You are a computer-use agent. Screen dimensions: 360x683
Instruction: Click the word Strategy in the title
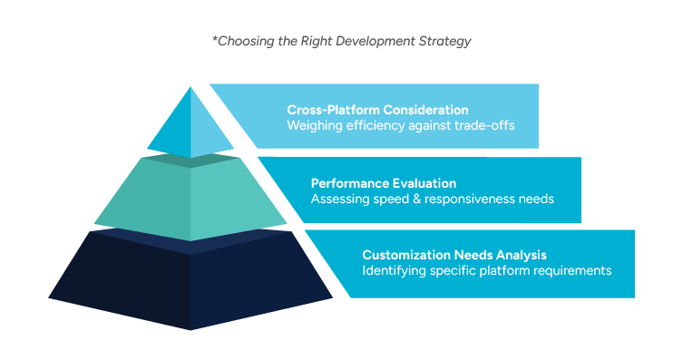point(446,42)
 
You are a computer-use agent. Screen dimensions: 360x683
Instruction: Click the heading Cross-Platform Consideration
point(377,110)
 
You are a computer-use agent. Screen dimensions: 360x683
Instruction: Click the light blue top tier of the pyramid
point(190,125)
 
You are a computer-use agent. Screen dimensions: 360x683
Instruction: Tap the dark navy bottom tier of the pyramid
point(190,281)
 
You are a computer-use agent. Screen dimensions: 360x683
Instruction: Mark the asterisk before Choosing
point(214,40)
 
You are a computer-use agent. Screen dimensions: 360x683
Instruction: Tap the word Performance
point(346,182)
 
